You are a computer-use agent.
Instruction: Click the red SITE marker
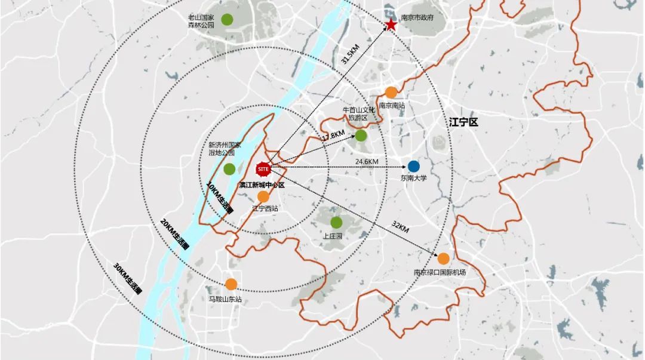[264, 169]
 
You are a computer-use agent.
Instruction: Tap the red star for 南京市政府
[391, 25]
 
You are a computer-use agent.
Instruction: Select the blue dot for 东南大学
[414, 166]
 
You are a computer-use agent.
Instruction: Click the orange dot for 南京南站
[391, 93]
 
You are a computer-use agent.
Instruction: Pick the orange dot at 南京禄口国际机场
[443, 259]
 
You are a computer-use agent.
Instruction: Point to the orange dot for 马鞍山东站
[231, 285]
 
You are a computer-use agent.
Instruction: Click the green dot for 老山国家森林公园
[227, 19]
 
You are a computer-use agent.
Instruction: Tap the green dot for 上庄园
[336, 223]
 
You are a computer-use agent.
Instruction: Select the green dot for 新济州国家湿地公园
[229, 169]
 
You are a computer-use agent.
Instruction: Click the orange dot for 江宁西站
[263, 196]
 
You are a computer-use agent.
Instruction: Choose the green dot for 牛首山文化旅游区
[361, 136]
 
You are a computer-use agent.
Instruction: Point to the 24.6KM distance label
[367, 162]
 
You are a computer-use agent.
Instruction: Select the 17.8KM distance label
[333, 137]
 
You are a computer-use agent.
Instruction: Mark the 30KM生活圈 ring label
[127, 278]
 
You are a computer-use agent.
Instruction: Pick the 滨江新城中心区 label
[262, 184]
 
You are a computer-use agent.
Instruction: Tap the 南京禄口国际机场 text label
[440, 272]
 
